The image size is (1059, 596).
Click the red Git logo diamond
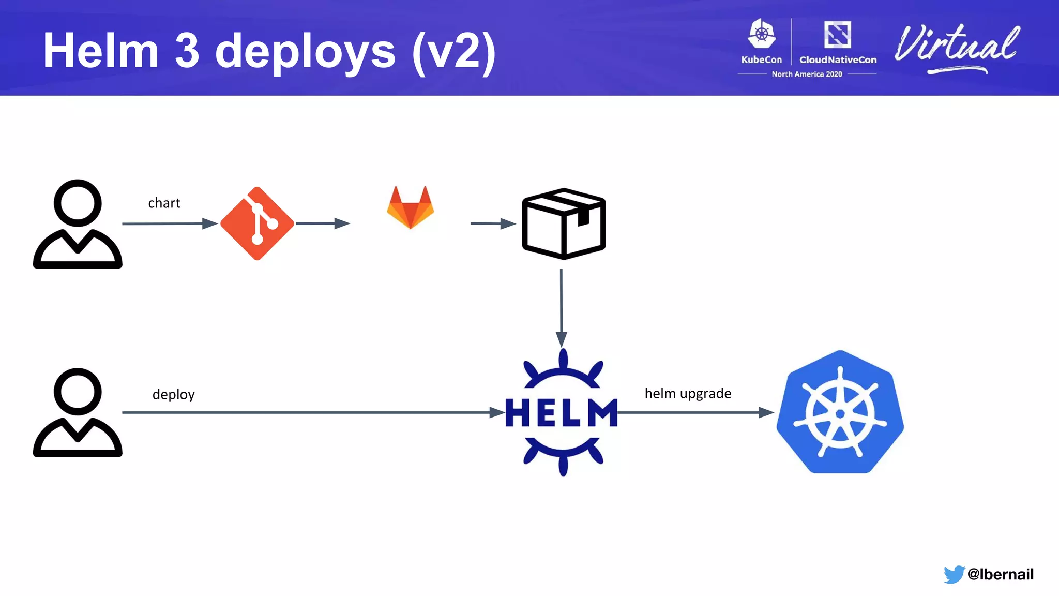tap(257, 224)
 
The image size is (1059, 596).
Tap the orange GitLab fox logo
tap(411, 208)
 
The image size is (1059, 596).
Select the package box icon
tap(564, 224)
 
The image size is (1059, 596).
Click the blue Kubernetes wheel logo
tap(840, 412)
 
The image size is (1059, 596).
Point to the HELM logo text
tap(562, 413)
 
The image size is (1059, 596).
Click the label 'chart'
tap(164, 203)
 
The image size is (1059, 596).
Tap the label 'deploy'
tap(173, 394)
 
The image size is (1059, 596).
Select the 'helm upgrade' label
tap(688, 393)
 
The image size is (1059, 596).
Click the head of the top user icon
tap(78, 203)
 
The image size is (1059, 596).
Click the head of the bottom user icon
tap(78, 392)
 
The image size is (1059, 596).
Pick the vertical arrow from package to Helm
tap(561, 305)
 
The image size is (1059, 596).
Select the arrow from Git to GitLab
tap(323, 224)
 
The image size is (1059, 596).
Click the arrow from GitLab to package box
tap(492, 224)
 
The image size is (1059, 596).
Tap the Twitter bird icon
tap(954, 574)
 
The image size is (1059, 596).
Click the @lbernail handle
tap(1000, 574)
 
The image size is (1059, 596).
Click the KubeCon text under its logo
tap(761, 59)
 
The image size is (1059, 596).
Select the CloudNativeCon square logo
tap(837, 35)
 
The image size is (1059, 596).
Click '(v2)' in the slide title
tap(453, 52)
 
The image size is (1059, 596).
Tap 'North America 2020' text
tap(807, 74)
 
